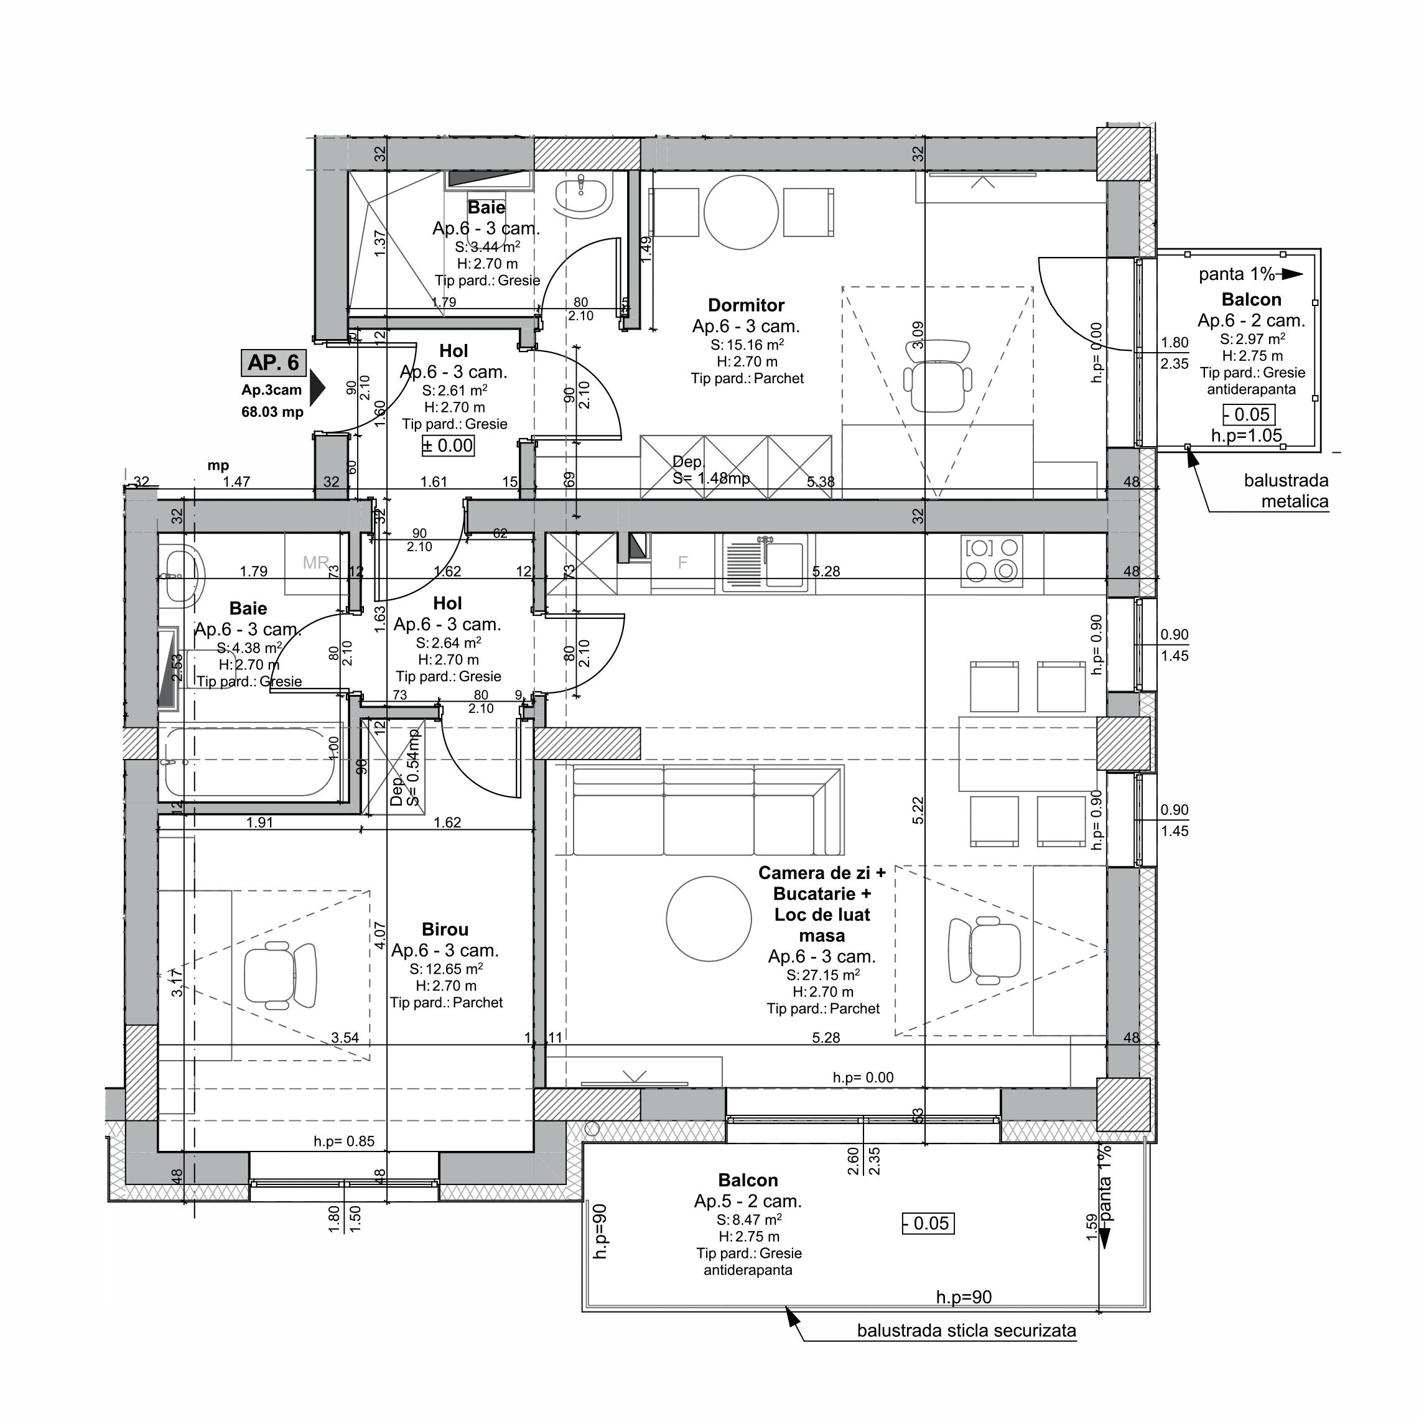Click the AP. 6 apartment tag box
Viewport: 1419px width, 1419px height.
pyautogui.click(x=273, y=363)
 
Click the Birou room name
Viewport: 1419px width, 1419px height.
pyautogui.click(x=444, y=929)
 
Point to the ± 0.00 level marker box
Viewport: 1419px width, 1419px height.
pyautogui.click(x=447, y=446)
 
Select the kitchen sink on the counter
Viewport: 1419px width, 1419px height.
pyautogui.click(x=765, y=562)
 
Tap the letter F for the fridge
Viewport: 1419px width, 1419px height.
pyautogui.click(x=682, y=564)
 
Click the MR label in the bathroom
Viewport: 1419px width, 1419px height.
pyautogui.click(x=316, y=562)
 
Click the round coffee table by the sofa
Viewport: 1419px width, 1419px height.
pyautogui.click(x=709, y=919)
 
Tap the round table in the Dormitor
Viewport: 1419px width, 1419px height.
pyautogui.click(x=740, y=212)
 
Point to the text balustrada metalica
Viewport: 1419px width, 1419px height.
pyautogui.click(x=1285, y=491)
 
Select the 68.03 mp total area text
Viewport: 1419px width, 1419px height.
pyautogui.click(x=272, y=412)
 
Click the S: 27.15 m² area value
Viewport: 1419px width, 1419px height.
pyautogui.click(x=822, y=975)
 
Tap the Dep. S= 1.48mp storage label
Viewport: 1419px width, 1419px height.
pyautogui.click(x=710, y=471)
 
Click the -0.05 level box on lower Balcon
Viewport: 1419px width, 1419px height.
pyautogui.click(x=928, y=1224)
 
